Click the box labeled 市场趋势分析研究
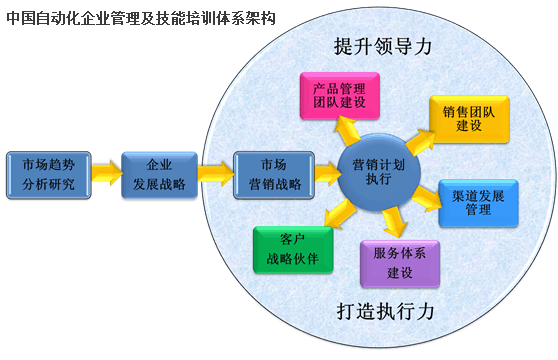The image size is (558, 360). coord(49,175)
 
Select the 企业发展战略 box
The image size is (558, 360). coord(159,175)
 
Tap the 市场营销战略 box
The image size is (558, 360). coord(274,175)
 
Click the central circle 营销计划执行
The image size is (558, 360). coord(379,173)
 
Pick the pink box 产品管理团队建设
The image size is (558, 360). coord(340,96)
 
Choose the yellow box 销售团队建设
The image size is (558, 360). coord(469,119)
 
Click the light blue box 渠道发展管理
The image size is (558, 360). coord(478,203)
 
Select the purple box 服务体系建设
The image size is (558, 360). coord(400,264)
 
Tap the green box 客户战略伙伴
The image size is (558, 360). coord(293,250)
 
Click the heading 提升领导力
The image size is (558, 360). coord(383,47)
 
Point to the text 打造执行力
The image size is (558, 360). coord(385,312)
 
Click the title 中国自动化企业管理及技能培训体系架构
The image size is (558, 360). coord(141,18)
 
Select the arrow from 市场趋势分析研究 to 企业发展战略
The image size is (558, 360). coord(106,173)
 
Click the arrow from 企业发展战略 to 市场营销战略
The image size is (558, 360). coord(216,173)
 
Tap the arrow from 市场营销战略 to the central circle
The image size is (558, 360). coord(327,173)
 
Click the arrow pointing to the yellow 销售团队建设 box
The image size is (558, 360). coord(420,142)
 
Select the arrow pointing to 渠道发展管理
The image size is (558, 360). coord(427,198)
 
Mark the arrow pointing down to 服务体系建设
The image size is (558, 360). coord(394,222)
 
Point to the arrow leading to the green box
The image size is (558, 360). coord(340,213)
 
